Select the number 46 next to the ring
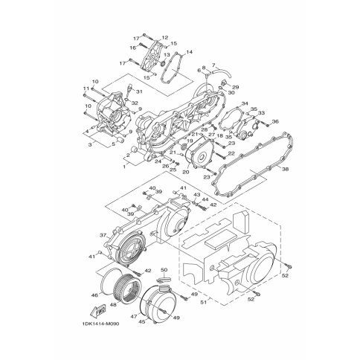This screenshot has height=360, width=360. click(94, 295)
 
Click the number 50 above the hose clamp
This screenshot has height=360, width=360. click(164, 269)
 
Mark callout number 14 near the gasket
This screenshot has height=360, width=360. click(189, 52)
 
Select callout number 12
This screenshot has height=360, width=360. click(164, 37)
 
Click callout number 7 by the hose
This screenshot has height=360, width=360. click(213, 66)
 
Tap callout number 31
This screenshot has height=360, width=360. click(139, 91)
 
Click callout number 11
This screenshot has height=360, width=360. click(86, 89)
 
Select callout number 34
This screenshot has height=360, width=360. click(245, 105)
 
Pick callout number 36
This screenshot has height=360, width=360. click(275, 122)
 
